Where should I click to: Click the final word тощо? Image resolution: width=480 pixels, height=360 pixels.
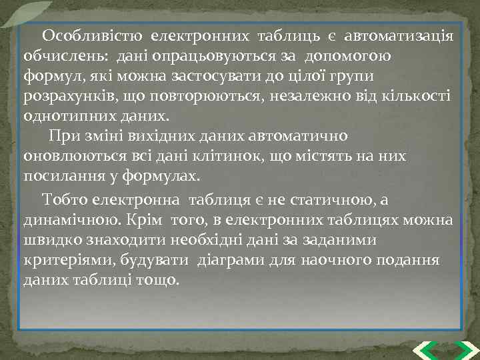point(160,279)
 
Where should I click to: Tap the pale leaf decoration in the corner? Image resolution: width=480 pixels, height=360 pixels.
point(27,12)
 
